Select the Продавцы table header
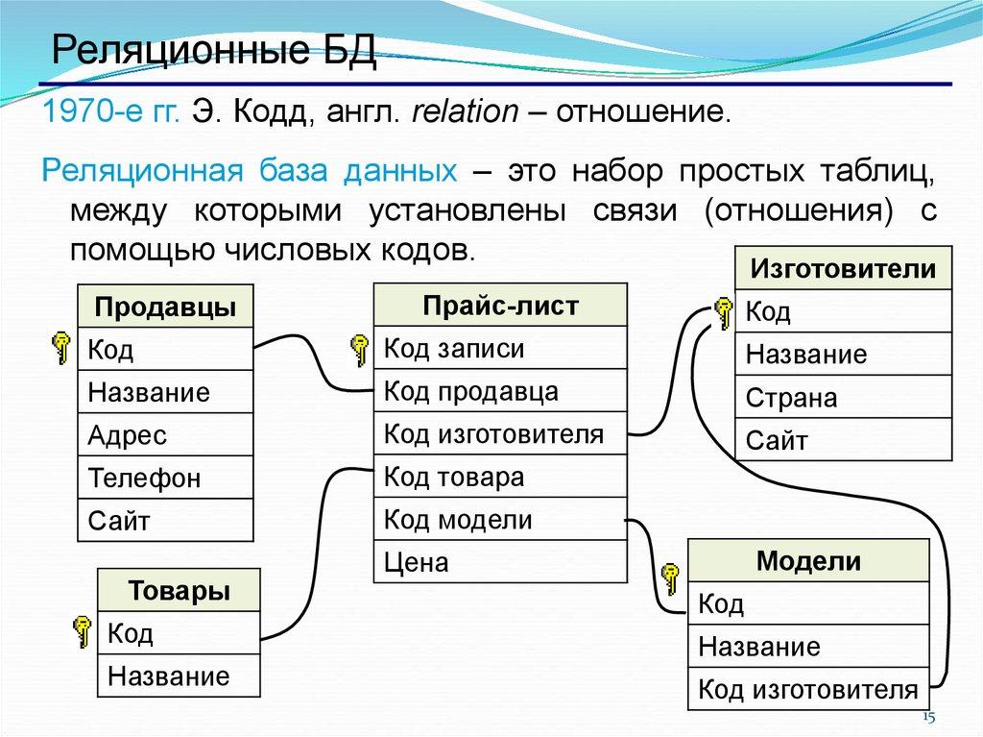click(165, 307)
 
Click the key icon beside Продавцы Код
click(60, 348)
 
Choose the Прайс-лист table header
click(500, 307)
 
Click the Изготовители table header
click(843, 268)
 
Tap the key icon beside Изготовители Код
click(723, 311)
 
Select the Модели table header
click(808, 561)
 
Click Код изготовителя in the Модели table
click(807, 688)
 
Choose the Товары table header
click(179, 590)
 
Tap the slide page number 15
click(927, 718)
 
